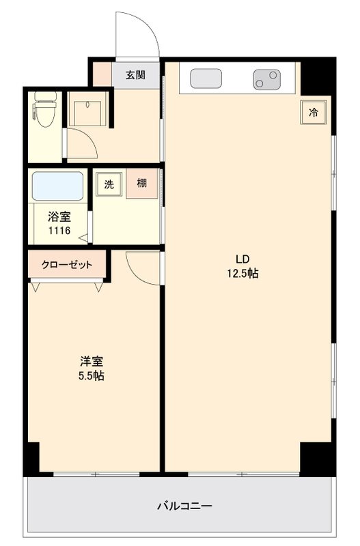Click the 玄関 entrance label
click(135, 75)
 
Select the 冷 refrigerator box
click(314, 113)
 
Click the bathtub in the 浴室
click(57, 186)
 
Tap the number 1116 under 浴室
click(59, 231)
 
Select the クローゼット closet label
click(67, 265)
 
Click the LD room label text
click(243, 259)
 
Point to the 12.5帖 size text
click(243, 274)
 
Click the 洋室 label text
click(90, 361)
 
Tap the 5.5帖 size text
click(90, 376)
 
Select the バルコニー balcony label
click(184, 506)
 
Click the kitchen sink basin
click(204, 78)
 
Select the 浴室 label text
click(59, 217)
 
